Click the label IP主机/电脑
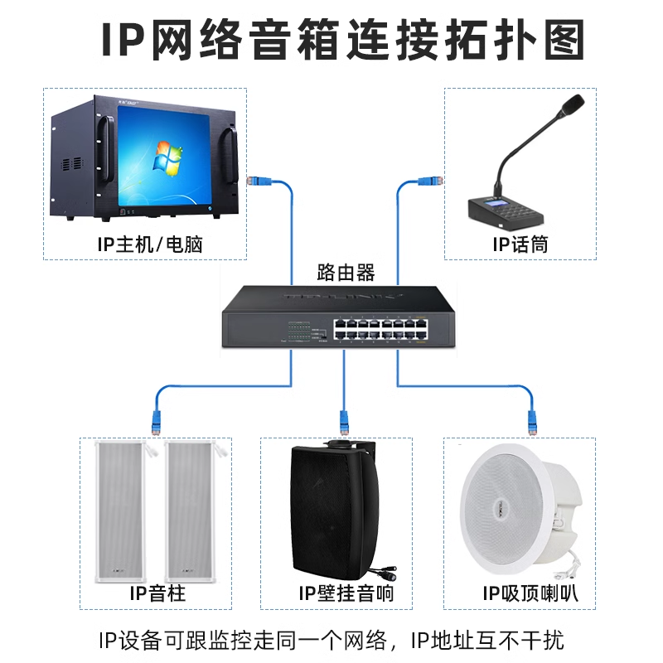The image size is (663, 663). [149, 244]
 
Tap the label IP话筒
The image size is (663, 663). [520, 244]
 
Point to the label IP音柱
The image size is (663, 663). [157, 594]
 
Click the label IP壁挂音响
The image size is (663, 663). [346, 594]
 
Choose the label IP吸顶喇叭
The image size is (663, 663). [530, 594]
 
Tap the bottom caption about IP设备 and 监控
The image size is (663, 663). [331, 640]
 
